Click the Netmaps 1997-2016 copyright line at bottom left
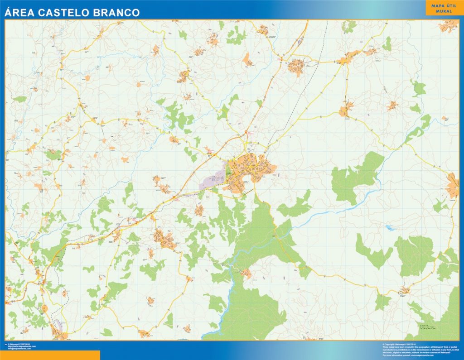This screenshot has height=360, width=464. (x=22, y=344)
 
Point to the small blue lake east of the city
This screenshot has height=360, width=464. (x=390, y=228)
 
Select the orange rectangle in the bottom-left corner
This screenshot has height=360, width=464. (x=50, y=355)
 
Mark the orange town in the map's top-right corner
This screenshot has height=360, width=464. (x=447, y=25)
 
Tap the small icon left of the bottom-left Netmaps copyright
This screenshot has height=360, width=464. (x=6, y=344)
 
